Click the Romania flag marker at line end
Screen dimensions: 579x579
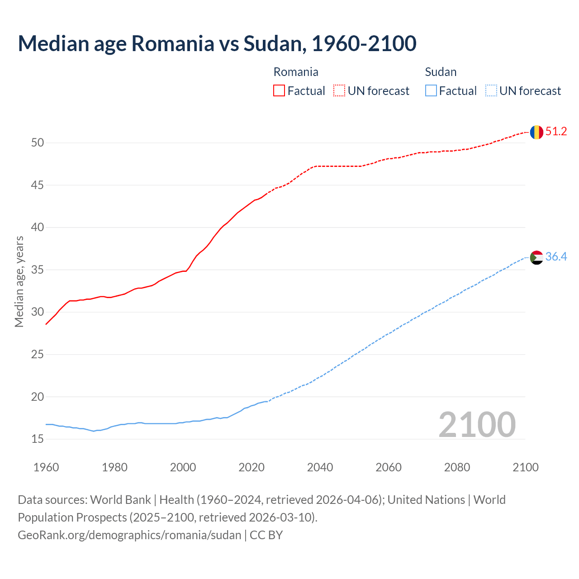point(536,132)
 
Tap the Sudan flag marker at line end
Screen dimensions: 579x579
point(536,257)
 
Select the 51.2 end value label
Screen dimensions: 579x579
point(556,132)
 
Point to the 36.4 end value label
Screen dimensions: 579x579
point(556,257)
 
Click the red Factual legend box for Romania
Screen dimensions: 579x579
point(279,91)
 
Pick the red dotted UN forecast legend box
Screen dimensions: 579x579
point(339,91)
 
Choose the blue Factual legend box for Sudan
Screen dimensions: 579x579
point(431,91)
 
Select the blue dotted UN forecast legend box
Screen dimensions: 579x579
point(491,91)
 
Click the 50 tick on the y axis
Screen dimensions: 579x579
point(38,143)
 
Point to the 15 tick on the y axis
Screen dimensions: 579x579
point(38,439)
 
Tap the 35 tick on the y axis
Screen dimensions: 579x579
point(38,270)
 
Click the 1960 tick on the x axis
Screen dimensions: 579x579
point(46,467)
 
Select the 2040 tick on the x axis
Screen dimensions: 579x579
point(320,467)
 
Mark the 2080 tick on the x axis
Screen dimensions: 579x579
point(457,467)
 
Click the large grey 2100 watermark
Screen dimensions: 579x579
point(477,424)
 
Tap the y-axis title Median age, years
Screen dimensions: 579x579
point(19,281)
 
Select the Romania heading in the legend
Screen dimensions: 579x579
point(296,72)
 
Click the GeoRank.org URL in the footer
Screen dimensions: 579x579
point(129,535)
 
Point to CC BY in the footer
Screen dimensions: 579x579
point(266,535)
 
